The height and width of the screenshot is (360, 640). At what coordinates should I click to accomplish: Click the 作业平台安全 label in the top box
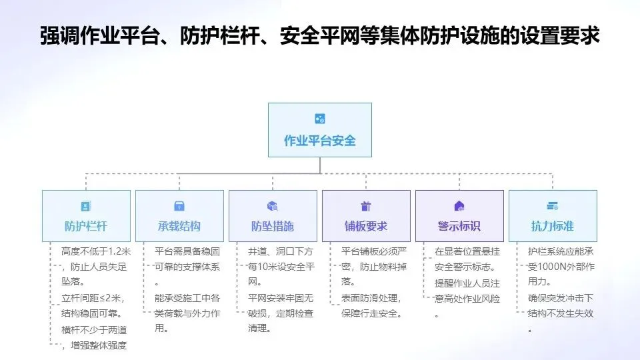[320, 141]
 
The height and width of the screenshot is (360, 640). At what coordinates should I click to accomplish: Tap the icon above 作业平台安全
[320, 119]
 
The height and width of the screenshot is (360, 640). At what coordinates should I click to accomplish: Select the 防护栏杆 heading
[86, 226]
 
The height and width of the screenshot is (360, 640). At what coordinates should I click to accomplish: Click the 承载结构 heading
[179, 226]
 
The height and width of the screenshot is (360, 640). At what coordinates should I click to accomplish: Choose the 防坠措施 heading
[273, 226]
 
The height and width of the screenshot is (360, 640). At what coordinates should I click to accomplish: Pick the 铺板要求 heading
[366, 226]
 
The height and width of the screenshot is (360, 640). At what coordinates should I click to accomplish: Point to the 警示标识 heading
[459, 226]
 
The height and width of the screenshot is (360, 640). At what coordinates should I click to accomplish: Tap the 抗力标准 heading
[553, 226]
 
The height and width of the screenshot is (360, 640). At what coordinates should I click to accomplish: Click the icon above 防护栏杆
[86, 206]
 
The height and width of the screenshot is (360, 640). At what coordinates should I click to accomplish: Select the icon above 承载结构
[179, 206]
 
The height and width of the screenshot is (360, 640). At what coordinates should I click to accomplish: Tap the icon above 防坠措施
[273, 206]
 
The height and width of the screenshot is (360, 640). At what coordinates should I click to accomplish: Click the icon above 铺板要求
[366, 206]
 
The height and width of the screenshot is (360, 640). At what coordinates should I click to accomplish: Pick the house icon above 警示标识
[459, 206]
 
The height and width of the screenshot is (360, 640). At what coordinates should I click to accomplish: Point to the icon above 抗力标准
[553, 206]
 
